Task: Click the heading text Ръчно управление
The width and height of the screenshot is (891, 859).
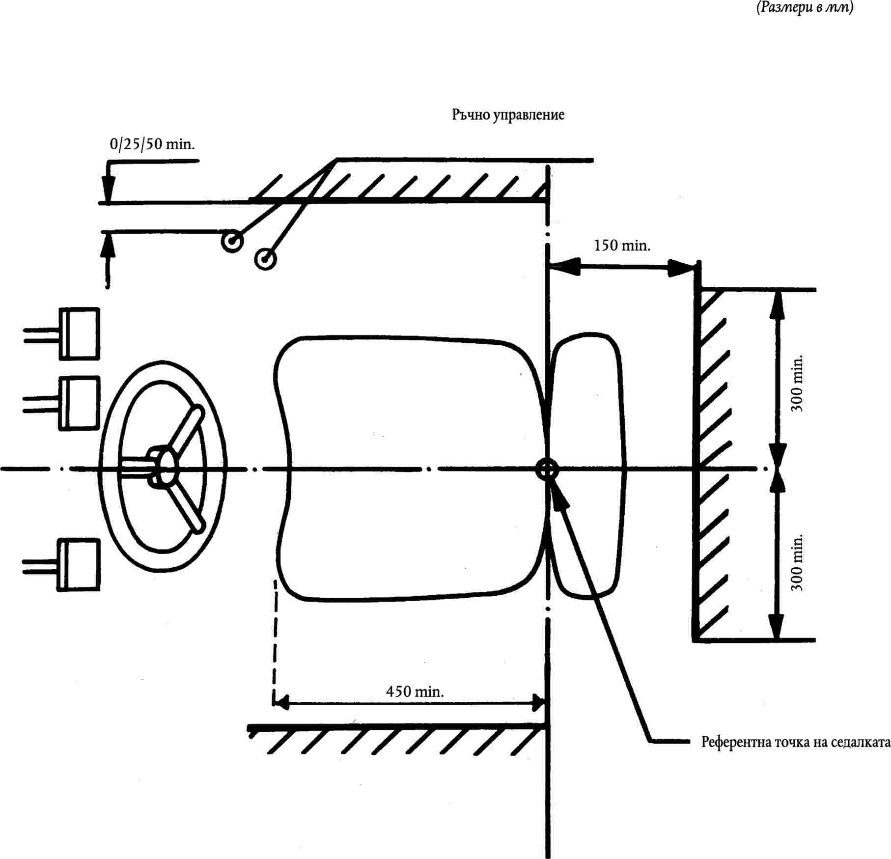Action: tap(508, 115)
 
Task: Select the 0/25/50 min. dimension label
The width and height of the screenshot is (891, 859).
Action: tap(152, 144)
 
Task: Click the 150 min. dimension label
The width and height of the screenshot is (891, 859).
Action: tap(622, 245)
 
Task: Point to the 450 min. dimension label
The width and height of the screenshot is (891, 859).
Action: tap(415, 692)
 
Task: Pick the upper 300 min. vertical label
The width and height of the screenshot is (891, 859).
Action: tap(797, 383)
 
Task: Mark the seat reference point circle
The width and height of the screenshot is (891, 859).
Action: tap(547, 469)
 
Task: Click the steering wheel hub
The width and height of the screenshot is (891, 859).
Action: tap(166, 467)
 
